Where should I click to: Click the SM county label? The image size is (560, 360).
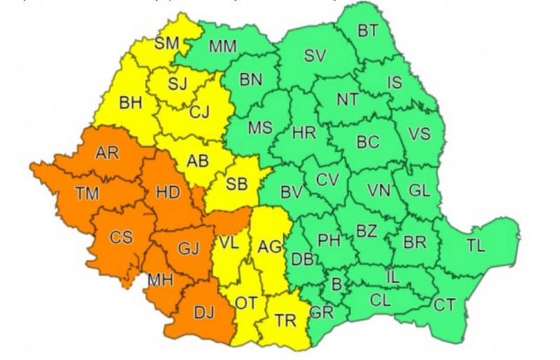[x=167, y=43]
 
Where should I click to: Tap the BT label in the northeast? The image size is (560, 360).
[x=367, y=31]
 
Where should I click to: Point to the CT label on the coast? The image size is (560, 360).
[x=443, y=305]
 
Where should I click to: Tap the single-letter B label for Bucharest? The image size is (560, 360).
[x=336, y=284]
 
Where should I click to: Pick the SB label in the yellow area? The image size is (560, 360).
[x=237, y=184]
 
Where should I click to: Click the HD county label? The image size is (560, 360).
[x=168, y=191]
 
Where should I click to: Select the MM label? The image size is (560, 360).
[x=223, y=47]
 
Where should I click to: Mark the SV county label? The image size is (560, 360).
[x=315, y=56]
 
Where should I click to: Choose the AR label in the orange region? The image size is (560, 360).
[x=106, y=153]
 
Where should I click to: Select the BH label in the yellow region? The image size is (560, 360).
[x=131, y=103]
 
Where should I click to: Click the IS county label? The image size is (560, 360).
[x=395, y=83]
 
